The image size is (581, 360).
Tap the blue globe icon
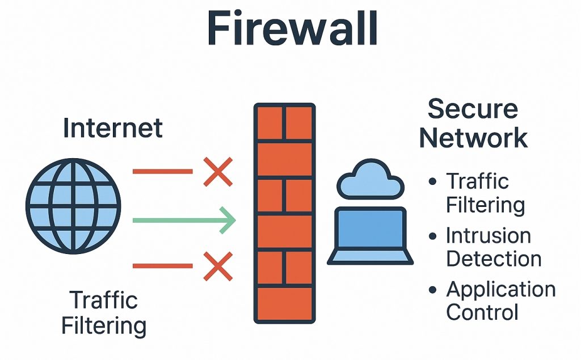pos(73,205)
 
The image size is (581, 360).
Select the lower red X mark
pos(218,266)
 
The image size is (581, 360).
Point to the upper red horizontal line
pos(162,171)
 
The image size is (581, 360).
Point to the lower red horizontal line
pos(162,265)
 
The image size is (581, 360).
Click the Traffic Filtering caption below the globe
pos(104,313)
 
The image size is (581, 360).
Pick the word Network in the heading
pos(474,138)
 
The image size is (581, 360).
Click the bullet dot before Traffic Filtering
pos(433,182)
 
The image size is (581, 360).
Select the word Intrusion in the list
pos(489,235)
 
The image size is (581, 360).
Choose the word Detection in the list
pos(494,259)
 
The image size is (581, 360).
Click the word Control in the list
pos(482,312)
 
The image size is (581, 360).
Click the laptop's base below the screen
pos(371,258)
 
